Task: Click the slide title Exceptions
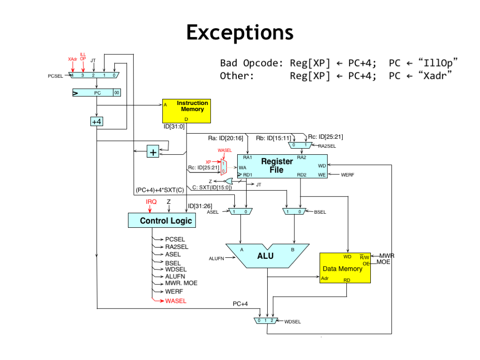coord(240,33)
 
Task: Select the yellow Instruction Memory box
coord(186,111)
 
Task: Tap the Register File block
coord(282,166)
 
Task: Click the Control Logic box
coord(161,220)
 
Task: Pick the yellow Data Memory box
coord(345,268)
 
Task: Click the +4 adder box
coord(97,121)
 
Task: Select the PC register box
coord(97,93)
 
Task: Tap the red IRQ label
coord(150,202)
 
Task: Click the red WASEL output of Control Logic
coord(176,301)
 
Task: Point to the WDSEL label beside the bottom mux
coord(292,322)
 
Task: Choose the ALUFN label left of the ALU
coord(217,258)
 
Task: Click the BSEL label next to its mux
coord(320,212)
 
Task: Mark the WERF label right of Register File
coord(347,174)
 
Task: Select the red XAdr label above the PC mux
coord(72,59)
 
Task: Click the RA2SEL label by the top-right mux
coord(328,146)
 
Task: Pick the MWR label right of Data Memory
coord(387,256)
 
